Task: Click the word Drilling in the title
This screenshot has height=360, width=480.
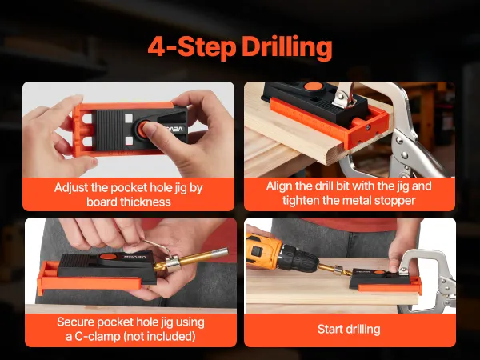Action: point(286,47)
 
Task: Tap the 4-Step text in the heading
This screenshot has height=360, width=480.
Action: point(192,46)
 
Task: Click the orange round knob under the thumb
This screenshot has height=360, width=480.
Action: point(143,129)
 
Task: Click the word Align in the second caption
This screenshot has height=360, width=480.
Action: point(278,186)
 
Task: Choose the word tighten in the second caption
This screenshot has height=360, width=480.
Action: point(301,201)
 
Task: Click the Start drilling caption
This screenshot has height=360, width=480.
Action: point(349,330)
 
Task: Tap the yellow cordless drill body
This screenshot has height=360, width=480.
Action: point(262,251)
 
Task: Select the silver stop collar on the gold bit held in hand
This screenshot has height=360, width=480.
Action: point(174,263)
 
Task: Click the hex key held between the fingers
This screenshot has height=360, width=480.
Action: point(156,246)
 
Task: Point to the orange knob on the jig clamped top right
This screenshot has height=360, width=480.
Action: point(313,86)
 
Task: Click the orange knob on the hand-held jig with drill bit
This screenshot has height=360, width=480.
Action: point(107,257)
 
